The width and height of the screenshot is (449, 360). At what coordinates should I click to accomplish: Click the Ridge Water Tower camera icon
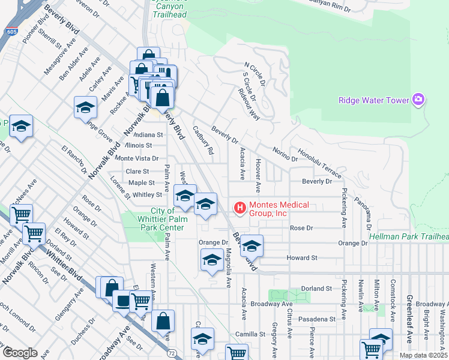418,100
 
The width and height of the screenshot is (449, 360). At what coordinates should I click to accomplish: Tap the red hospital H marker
240,209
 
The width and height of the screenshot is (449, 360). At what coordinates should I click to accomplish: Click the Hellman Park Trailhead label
409,237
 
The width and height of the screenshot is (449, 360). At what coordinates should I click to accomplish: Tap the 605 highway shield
10,31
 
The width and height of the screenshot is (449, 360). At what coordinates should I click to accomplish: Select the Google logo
19,353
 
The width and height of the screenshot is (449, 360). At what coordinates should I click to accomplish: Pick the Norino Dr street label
285,154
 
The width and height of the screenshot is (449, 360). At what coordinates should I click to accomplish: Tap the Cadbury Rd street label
203,140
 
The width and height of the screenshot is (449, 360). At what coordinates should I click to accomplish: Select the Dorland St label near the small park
317,289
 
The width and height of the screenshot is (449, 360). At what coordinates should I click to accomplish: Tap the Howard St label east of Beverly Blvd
301,257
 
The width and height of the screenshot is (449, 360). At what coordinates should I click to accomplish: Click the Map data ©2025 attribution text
424,355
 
